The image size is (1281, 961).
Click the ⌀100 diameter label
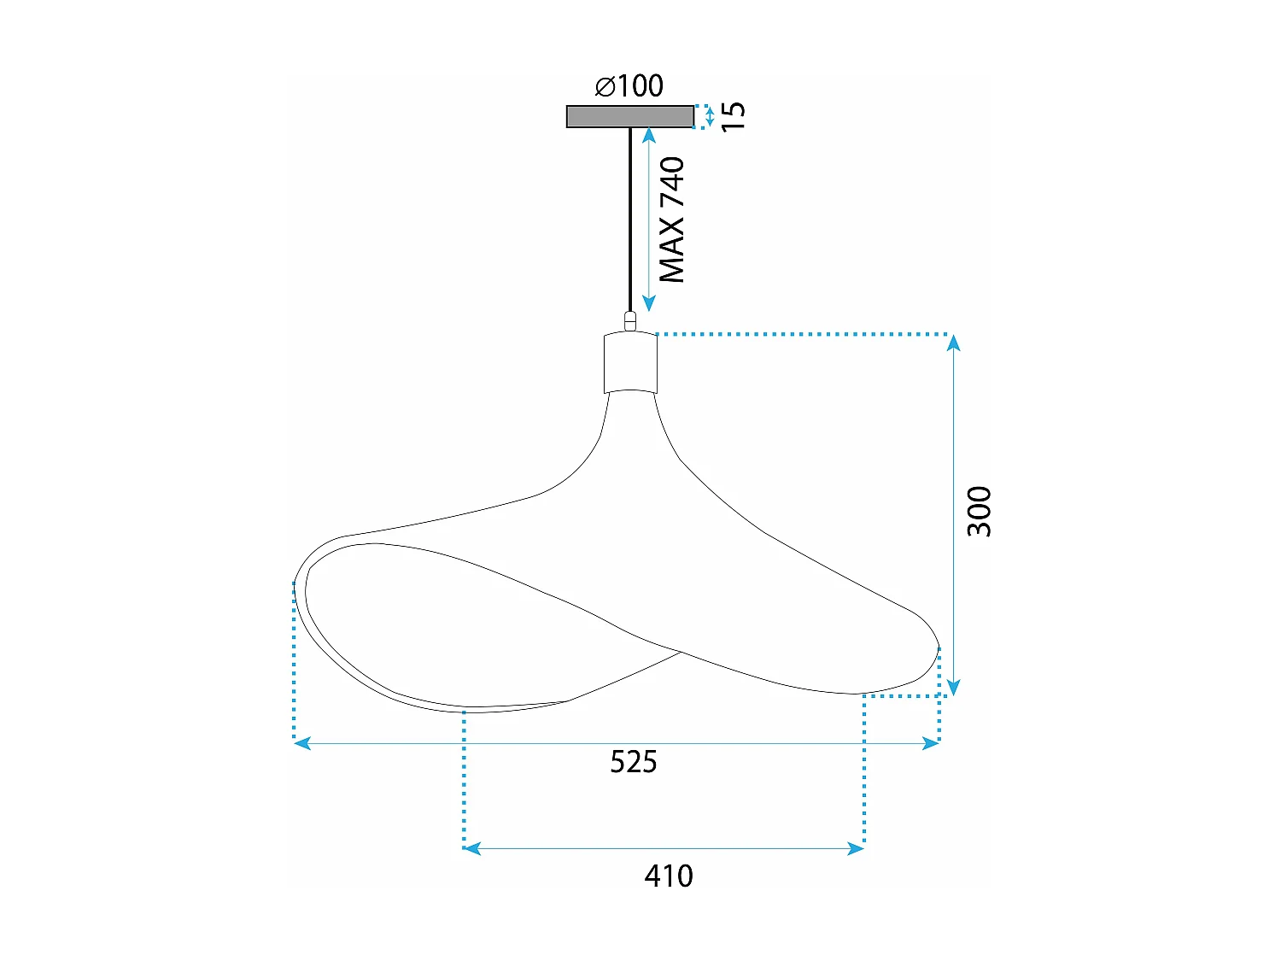pos(629,85)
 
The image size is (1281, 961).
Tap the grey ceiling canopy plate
pos(629,116)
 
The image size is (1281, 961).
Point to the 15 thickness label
pos(733,115)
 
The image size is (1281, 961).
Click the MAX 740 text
pos(672,220)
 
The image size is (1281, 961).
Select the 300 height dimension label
pos(980,511)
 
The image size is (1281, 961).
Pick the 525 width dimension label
pos(634,761)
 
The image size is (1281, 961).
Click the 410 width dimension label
pos(669,876)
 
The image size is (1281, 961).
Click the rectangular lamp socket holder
pos(630,363)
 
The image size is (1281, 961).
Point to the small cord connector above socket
pos(630,322)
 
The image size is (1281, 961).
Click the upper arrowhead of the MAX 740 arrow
pos(648,135)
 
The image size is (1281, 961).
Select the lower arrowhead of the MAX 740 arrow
pos(648,303)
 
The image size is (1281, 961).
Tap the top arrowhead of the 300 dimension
pos(954,343)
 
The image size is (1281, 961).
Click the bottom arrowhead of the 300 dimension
pos(954,688)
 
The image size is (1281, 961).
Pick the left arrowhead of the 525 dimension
pos(301,743)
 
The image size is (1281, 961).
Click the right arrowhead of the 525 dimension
pos(931,743)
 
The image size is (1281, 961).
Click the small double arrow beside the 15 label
pos(710,116)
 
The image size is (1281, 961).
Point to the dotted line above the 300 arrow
pos(803,334)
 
